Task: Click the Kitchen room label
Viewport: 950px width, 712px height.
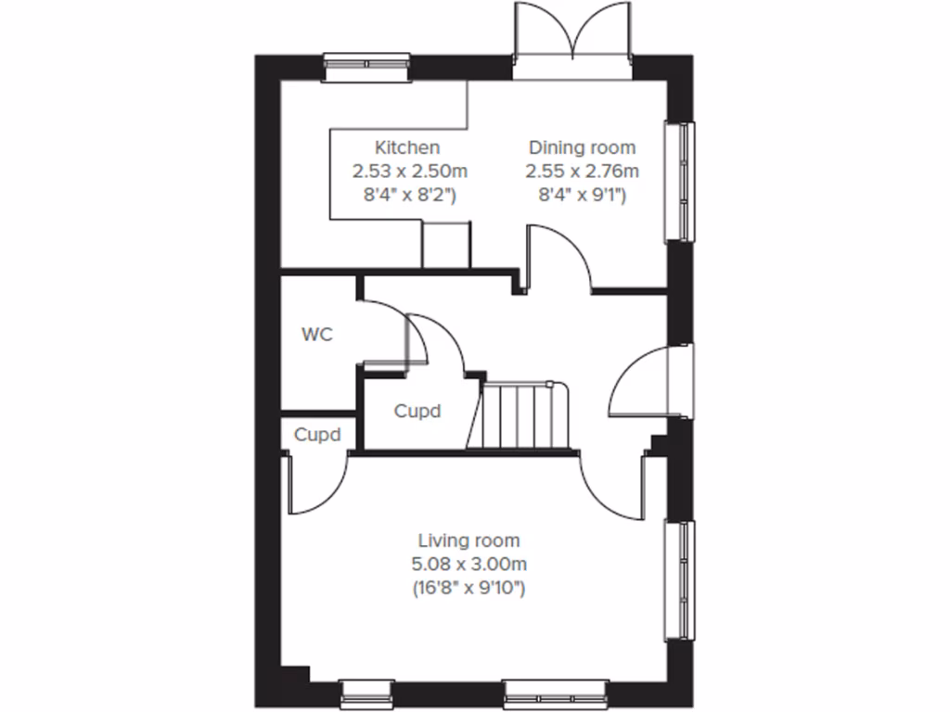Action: (x=406, y=147)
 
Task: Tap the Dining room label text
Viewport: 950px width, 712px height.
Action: (x=582, y=147)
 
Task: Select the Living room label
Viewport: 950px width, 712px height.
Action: (x=469, y=540)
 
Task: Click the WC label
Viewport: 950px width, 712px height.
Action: (x=316, y=334)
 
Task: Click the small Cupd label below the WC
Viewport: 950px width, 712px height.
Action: (x=317, y=434)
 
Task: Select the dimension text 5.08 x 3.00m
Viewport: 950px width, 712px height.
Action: (x=469, y=564)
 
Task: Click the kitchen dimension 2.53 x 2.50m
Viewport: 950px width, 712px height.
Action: (x=409, y=172)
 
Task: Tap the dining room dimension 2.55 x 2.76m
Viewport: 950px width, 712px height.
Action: (x=582, y=172)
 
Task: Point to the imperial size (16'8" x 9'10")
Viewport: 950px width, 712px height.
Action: (x=469, y=588)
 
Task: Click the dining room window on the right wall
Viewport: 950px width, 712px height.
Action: (x=682, y=182)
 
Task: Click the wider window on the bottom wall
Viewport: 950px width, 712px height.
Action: (x=555, y=691)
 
